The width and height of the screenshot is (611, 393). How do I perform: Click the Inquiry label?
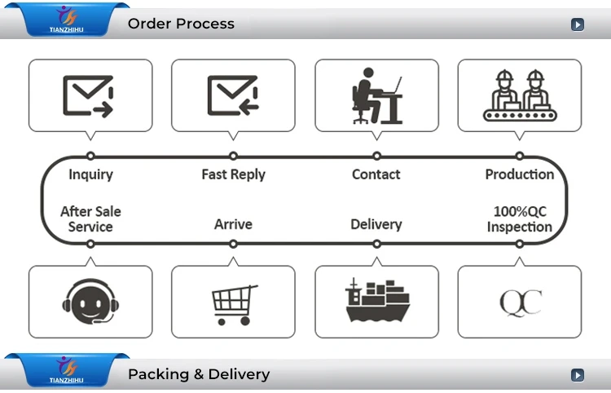click(90, 174)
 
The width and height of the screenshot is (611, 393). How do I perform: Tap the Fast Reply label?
click(233, 174)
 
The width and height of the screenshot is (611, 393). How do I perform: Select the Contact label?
click(376, 174)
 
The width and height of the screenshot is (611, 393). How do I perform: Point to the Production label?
click(519, 174)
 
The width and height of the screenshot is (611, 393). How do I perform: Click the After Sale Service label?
click(90, 219)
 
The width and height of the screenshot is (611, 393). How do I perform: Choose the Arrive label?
click(233, 224)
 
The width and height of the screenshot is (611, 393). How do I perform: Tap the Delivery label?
click(376, 224)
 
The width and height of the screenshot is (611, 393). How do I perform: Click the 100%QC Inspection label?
click(519, 219)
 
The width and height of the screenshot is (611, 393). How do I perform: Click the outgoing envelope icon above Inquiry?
click(89, 95)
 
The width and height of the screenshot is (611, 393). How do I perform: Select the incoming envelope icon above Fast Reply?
click(233, 95)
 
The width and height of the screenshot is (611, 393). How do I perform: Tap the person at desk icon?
click(376, 95)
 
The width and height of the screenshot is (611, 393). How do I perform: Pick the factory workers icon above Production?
click(519, 95)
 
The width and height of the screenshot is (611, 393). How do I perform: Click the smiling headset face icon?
click(90, 302)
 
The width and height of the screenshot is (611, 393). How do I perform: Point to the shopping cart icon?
click(234, 303)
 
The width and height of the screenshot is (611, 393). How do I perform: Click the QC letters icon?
click(520, 302)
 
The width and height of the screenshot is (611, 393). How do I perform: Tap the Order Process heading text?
click(181, 24)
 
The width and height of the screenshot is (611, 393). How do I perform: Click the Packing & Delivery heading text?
click(198, 375)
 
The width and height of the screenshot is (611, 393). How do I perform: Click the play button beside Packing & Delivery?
click(578, 376)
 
